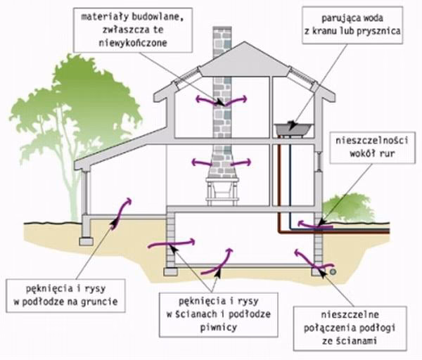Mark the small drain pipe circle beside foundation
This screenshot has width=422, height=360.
pyautogui.click(x=331, y=270)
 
